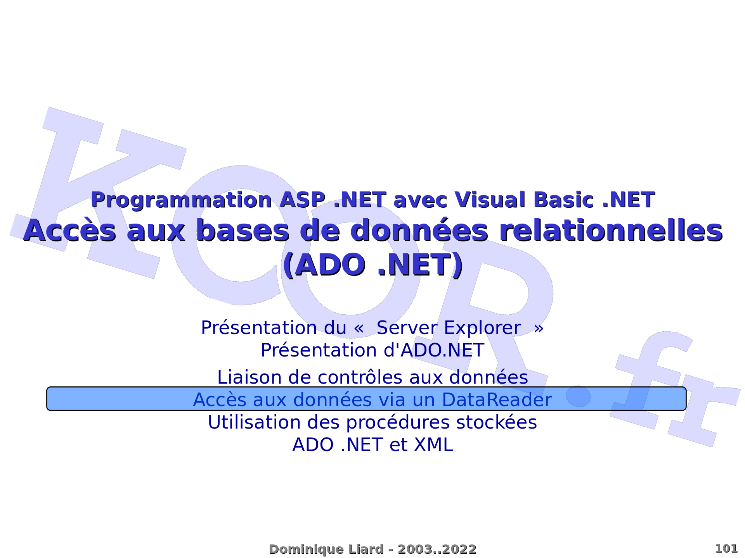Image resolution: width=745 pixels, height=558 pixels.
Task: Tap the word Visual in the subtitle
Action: point(490,200)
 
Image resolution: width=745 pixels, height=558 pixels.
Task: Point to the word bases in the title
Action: point(243,231)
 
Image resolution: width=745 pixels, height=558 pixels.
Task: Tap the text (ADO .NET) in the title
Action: point(372,265)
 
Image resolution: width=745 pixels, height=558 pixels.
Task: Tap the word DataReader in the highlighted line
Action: point(497,400)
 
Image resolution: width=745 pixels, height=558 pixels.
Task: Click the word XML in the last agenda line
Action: point(433,445)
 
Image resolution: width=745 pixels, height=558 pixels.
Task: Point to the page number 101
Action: point(726,549)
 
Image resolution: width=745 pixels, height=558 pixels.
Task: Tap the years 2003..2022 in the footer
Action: point(437,549)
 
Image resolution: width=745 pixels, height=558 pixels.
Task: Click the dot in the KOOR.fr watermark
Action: point(578,396)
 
